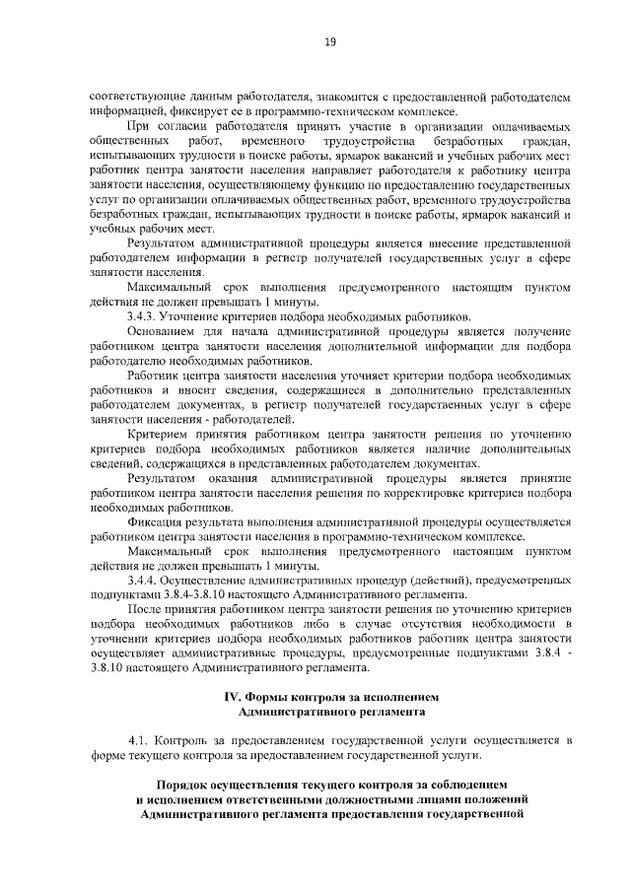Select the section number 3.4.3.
point(144,316)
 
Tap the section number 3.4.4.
point(144,581)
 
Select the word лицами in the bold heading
point(456,799)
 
